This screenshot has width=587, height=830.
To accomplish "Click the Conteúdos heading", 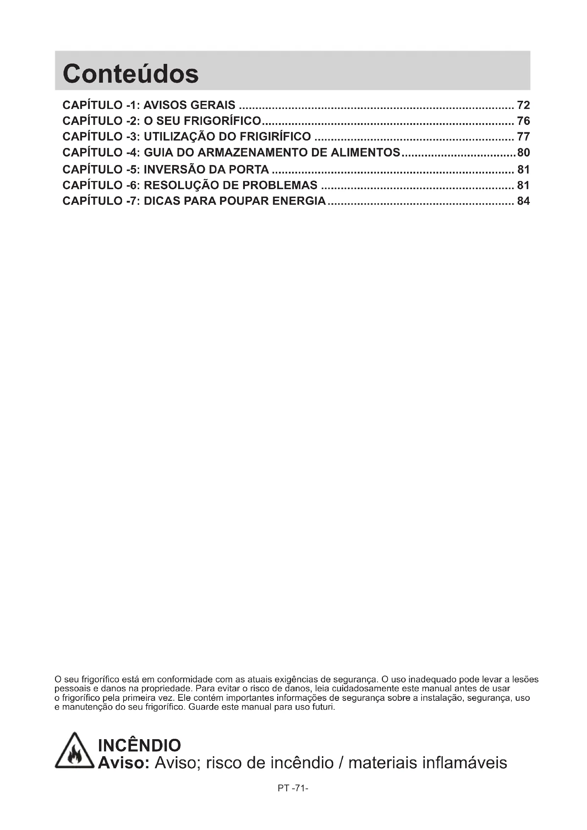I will coord(131,74).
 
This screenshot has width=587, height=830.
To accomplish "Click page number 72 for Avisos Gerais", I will coord(523,105).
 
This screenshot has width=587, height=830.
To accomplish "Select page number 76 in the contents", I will coord(523,121).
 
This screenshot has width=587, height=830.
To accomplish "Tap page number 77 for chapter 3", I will coord(523,137).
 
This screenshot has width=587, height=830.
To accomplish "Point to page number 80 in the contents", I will coord(523,153).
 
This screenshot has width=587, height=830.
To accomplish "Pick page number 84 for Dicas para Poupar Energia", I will coord(523,201).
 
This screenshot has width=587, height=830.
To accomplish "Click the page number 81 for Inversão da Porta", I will coord(523,170).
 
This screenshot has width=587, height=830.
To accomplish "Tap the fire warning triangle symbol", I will coord(75,752).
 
